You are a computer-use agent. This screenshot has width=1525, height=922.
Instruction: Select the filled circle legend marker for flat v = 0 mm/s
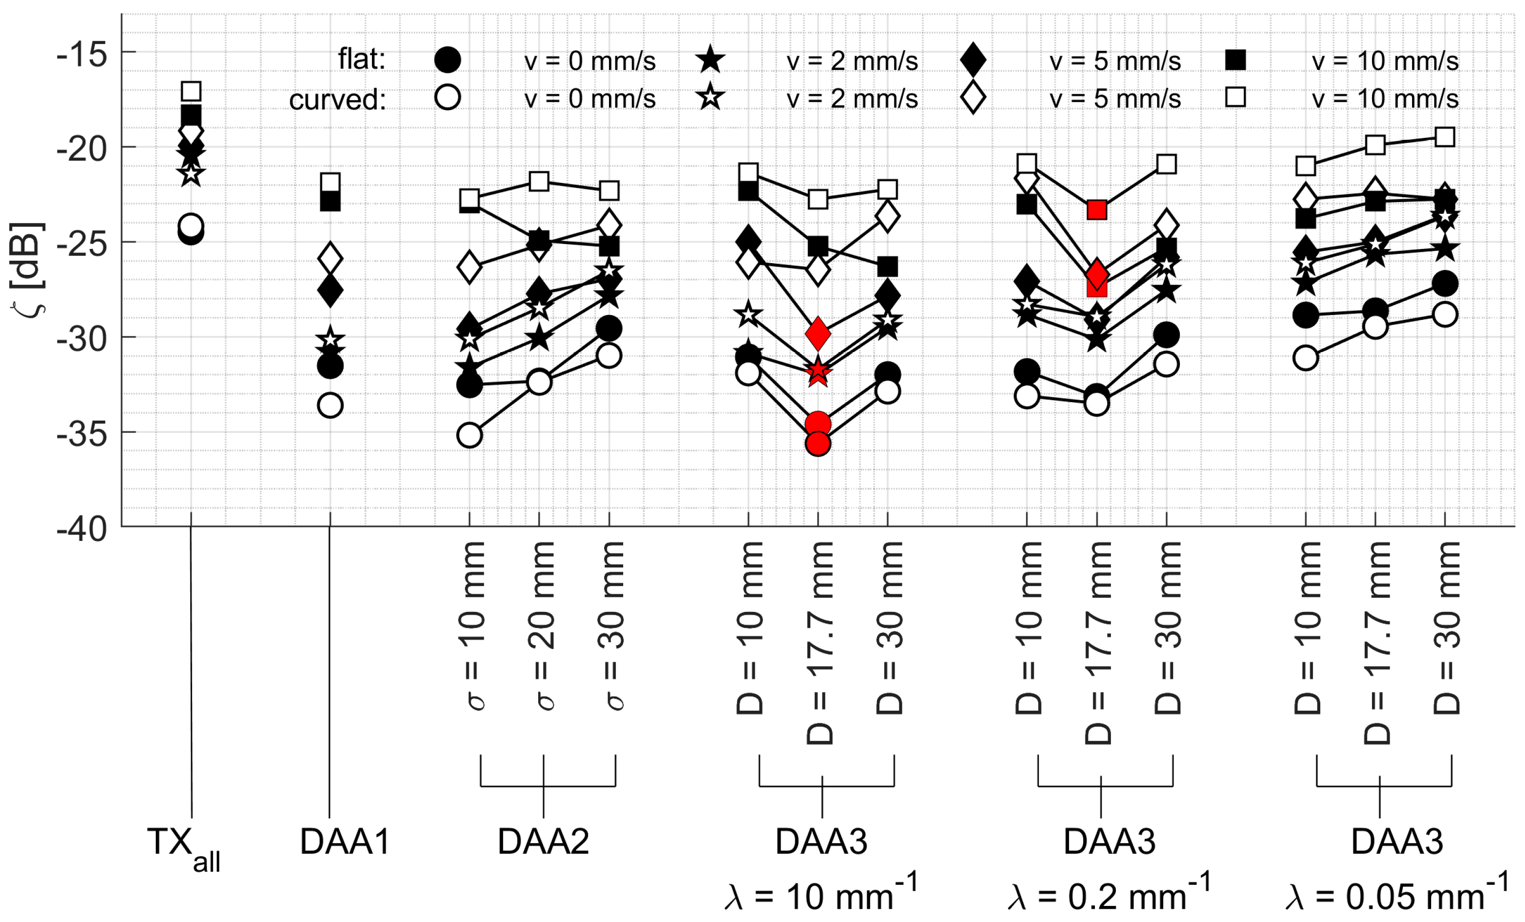[447, 60]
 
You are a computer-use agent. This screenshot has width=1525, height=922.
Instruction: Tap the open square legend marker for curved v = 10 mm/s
[1235, 97]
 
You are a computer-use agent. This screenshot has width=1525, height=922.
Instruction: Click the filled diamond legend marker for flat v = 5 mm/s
[973, 60]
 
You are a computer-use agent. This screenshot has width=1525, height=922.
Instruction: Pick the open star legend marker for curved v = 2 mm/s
[711, 98]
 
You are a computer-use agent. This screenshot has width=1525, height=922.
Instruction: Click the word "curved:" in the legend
[337, 100]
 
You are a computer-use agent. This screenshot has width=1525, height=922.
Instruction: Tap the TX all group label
[183, 846]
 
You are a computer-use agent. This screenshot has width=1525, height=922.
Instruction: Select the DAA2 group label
[544, 842]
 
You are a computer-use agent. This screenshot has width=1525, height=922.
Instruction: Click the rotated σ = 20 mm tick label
[541, 626]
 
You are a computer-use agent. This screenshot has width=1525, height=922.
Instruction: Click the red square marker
[1097, 210]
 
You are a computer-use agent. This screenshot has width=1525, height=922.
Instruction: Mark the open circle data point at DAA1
[330, 406]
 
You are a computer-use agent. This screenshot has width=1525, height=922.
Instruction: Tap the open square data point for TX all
[191, 91]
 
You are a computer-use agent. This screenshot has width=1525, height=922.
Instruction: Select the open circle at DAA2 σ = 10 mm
[469, 436]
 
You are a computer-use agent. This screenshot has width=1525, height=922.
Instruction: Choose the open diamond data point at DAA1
[330, 258]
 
